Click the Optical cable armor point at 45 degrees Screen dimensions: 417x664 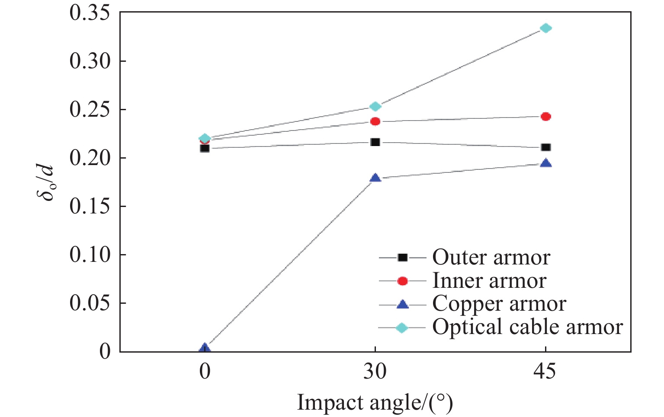point(546,29)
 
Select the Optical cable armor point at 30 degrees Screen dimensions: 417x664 point(375,107)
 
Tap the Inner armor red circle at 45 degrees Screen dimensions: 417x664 point(546,117)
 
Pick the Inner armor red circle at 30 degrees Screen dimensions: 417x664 point(375,121)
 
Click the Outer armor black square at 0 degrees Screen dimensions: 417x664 point(205,148)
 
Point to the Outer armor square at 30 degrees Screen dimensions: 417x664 point(375,142)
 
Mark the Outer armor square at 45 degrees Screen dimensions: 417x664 point(546,147)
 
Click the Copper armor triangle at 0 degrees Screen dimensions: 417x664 point(205,348)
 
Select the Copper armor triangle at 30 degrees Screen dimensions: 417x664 point(375,178)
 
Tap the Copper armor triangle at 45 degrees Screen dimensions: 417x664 point(546,163)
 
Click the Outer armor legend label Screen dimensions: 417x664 point(491,258)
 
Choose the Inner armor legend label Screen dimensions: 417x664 point(489,281)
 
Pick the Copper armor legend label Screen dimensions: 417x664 point(499,304)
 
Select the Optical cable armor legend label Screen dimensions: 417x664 point(527,327)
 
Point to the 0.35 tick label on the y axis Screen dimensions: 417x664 point(89,13)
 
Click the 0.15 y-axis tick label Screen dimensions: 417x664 point(89,206)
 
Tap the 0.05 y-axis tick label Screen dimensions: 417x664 point(89,303)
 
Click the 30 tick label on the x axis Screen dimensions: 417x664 point(375,371)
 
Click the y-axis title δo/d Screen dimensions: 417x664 point(46,182)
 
